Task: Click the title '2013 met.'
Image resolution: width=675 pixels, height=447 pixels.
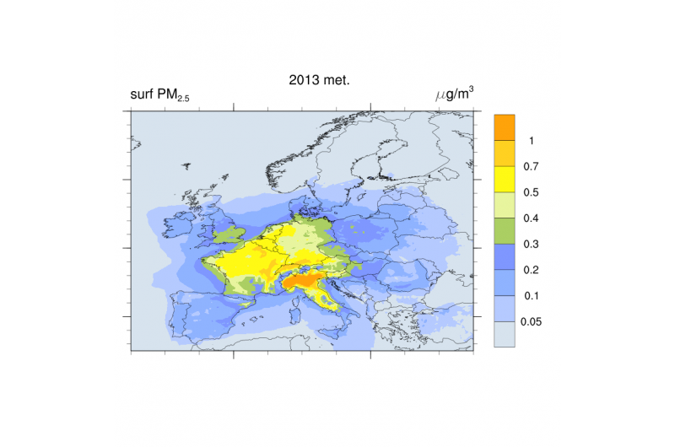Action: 307,81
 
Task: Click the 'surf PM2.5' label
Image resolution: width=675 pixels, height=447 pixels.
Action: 159,95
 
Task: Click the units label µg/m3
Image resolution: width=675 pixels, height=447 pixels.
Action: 453,94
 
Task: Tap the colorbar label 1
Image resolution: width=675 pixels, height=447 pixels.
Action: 530,139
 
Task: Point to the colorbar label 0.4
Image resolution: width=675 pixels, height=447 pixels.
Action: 531,218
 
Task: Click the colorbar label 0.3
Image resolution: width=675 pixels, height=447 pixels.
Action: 531,244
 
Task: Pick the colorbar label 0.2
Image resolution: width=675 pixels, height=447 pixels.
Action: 531,270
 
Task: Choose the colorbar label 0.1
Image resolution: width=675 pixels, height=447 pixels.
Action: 531,296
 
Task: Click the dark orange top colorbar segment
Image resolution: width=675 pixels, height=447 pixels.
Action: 504,126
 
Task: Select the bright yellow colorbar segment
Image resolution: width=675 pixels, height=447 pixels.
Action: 504,178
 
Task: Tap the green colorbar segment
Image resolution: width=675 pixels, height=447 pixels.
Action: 504,230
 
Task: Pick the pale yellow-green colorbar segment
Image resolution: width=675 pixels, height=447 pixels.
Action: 504,204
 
